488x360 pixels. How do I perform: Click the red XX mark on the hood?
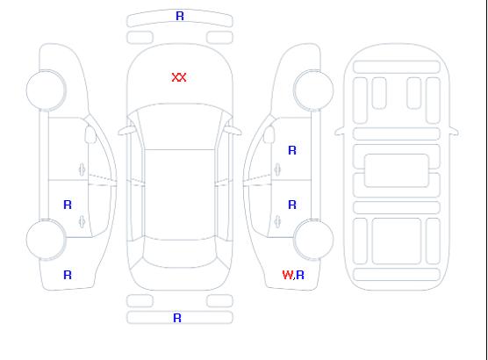pyautogui.click(x=179, y=77)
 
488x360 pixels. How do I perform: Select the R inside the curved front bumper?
pyautogui.click(x=180, y=16)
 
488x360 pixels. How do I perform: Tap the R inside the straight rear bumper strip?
pyautogui.click(x=177, y=318)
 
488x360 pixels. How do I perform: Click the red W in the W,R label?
pyautogui.click(x=288, y=275)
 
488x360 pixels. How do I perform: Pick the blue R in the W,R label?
pyautogui.click(x=300, y=275)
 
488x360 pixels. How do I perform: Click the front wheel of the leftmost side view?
pyautogui.click(x=46, y=90)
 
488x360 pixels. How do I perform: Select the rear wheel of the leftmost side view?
pyautogui.click(x=46, y=240)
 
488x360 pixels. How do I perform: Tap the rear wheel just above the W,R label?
pyautogui.click(x=313, y=240)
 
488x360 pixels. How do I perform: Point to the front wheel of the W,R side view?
pyautogui.click(x=313, y=90)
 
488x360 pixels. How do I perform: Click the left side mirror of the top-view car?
pyautogui.click(x=126, y=131)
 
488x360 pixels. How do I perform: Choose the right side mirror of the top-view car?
pyautogui.click(x=233, y=131)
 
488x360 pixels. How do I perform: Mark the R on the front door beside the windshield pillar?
pyautogui.click(x=292, y=150)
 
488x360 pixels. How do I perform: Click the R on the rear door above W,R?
pyautogui.click(x=292, y=205)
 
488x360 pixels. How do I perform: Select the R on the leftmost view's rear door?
pyautogui.click(x=68, y=205)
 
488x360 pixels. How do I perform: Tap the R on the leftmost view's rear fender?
pyautogui.click(x=68, y=275)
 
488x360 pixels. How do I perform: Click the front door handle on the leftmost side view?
pyautogui.click(x=83, y=169)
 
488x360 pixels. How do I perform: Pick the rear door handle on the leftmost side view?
pyautogui.click(x=83, y=221)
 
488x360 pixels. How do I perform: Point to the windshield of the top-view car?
pyautogui.click(x=180, y=126)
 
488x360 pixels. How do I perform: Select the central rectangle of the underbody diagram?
pyautogui.click(x=397, y=170)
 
